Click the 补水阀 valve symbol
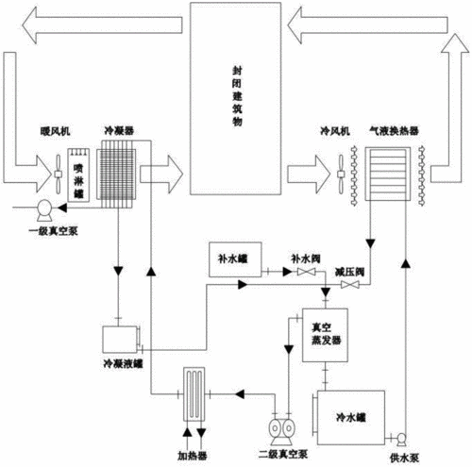click(304, 274)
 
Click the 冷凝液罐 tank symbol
click(120, 338)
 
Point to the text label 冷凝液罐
click(123, 361)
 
